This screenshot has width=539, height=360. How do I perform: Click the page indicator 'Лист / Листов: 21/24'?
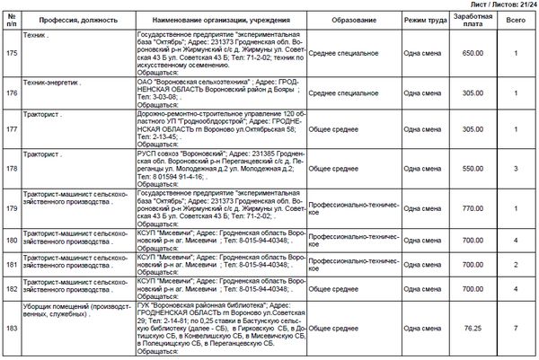click(x=497, y=5)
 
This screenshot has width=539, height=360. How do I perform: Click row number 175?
click(x=12, y=53)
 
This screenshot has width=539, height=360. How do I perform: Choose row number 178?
click(x=12, y=169)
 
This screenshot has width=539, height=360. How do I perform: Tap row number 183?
click(x=12, y=329)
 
